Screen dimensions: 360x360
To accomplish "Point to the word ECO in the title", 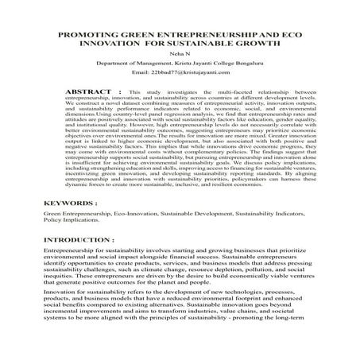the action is click(281, 37).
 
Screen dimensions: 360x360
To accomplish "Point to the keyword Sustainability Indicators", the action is click(270, 215).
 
